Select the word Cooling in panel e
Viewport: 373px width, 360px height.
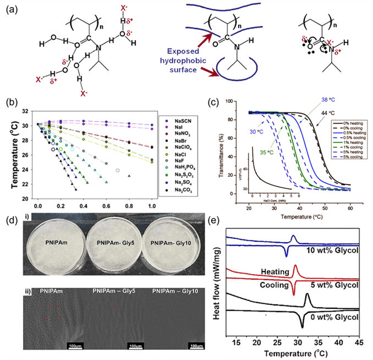274,286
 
